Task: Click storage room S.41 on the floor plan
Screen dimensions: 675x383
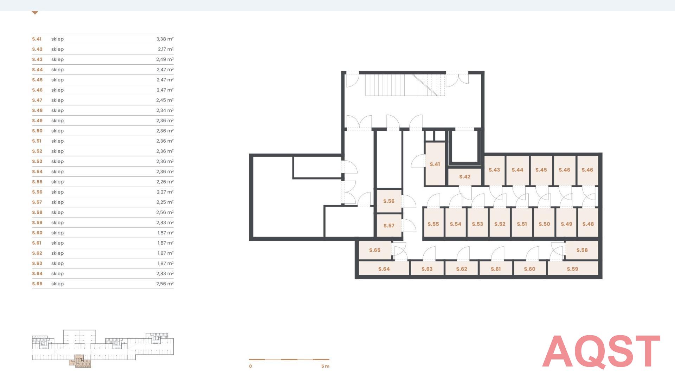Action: (x=435, y=164)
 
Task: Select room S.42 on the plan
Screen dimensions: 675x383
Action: (x=464, y=177)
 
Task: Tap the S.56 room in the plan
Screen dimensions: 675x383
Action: (x=389, y=201)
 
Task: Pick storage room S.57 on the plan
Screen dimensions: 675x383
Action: (x=389, y=226)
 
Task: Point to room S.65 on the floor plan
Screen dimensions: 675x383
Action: (x=375, y=250)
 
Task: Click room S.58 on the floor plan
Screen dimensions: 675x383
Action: (x=582, y=250)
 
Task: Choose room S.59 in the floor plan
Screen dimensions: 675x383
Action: (x=572, y=269)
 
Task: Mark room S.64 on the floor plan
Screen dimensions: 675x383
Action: (x=384, y=269)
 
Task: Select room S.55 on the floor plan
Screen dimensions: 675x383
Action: (x=433, y=224)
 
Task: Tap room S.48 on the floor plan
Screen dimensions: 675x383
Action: (x=588, y=224)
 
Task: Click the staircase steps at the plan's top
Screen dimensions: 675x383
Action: (x=405, y=85)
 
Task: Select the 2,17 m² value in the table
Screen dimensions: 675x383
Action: (x=166, y=49)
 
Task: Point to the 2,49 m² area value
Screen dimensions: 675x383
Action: (x=165, y=59)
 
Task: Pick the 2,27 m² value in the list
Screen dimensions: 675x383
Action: (x=165, y=192)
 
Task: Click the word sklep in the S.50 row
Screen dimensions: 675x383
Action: (x=57, y=131)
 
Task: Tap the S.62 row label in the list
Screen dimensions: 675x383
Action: (x=37, y=253)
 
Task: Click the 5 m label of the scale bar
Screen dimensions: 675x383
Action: (x=325, y=366)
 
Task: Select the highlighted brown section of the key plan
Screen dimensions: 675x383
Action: (x=80, y=361)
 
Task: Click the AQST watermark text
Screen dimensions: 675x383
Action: (x=601, y=352)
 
